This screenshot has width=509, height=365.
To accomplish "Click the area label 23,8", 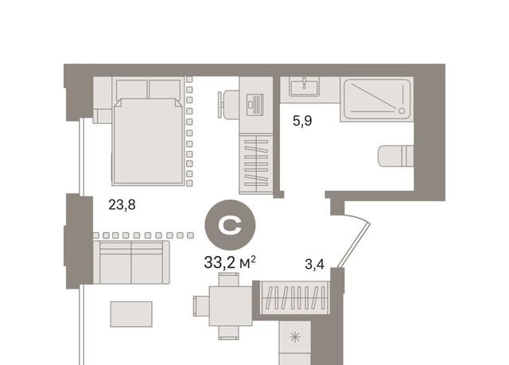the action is point(122,205).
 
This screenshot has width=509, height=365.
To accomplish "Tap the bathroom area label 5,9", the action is point(302,121).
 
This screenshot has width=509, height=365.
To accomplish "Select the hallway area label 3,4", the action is point(315,265).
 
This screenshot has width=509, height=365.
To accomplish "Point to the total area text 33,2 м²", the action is point(230,262).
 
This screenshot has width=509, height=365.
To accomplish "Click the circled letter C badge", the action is point(230,225).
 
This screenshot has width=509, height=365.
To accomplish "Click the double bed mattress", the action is point(148,141).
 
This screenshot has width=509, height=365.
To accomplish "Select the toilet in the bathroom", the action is point(396,156).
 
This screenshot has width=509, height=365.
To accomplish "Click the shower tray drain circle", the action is point(402,111).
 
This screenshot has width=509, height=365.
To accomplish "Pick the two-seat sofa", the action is point(131,262).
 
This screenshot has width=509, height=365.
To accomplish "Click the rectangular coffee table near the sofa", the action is point(131,314).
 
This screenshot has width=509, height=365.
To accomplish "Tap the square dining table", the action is point(231,306).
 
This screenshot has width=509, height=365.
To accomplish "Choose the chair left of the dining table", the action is point(201,305).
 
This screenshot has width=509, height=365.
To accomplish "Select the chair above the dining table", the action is point(228,280).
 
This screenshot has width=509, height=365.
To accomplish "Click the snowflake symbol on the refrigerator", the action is point(295,337).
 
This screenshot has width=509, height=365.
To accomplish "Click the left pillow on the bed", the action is point(132,89).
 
